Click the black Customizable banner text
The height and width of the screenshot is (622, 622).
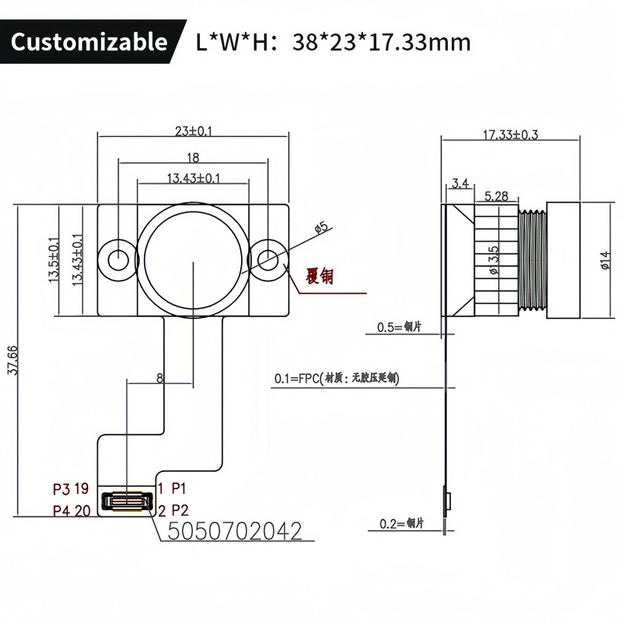[89, 42]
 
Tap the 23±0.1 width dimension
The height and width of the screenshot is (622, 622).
[193, 131]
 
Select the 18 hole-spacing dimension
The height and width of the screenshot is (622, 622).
[193, 158]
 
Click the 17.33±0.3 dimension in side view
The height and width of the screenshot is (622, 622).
[510, 135]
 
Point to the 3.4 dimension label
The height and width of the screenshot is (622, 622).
[460, 184]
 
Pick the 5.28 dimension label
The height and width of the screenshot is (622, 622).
[496, 197]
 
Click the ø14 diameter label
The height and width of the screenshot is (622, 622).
[606, 260]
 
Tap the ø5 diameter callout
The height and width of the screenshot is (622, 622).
[321, 228]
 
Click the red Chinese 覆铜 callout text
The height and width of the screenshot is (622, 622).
[320, 276]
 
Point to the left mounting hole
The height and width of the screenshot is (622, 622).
[118, 260]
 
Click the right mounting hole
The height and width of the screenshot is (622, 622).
[268, 260]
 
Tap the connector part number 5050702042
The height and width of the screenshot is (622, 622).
[235, 531]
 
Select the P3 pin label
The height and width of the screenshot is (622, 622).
[60, 489]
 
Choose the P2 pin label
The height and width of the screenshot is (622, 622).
[180, 511]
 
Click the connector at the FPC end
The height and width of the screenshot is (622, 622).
[127, 502]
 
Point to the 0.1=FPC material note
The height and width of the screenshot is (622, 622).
[337, 378]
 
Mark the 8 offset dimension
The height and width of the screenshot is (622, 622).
[160, 378]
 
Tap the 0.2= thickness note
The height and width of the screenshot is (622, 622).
[402, 524]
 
